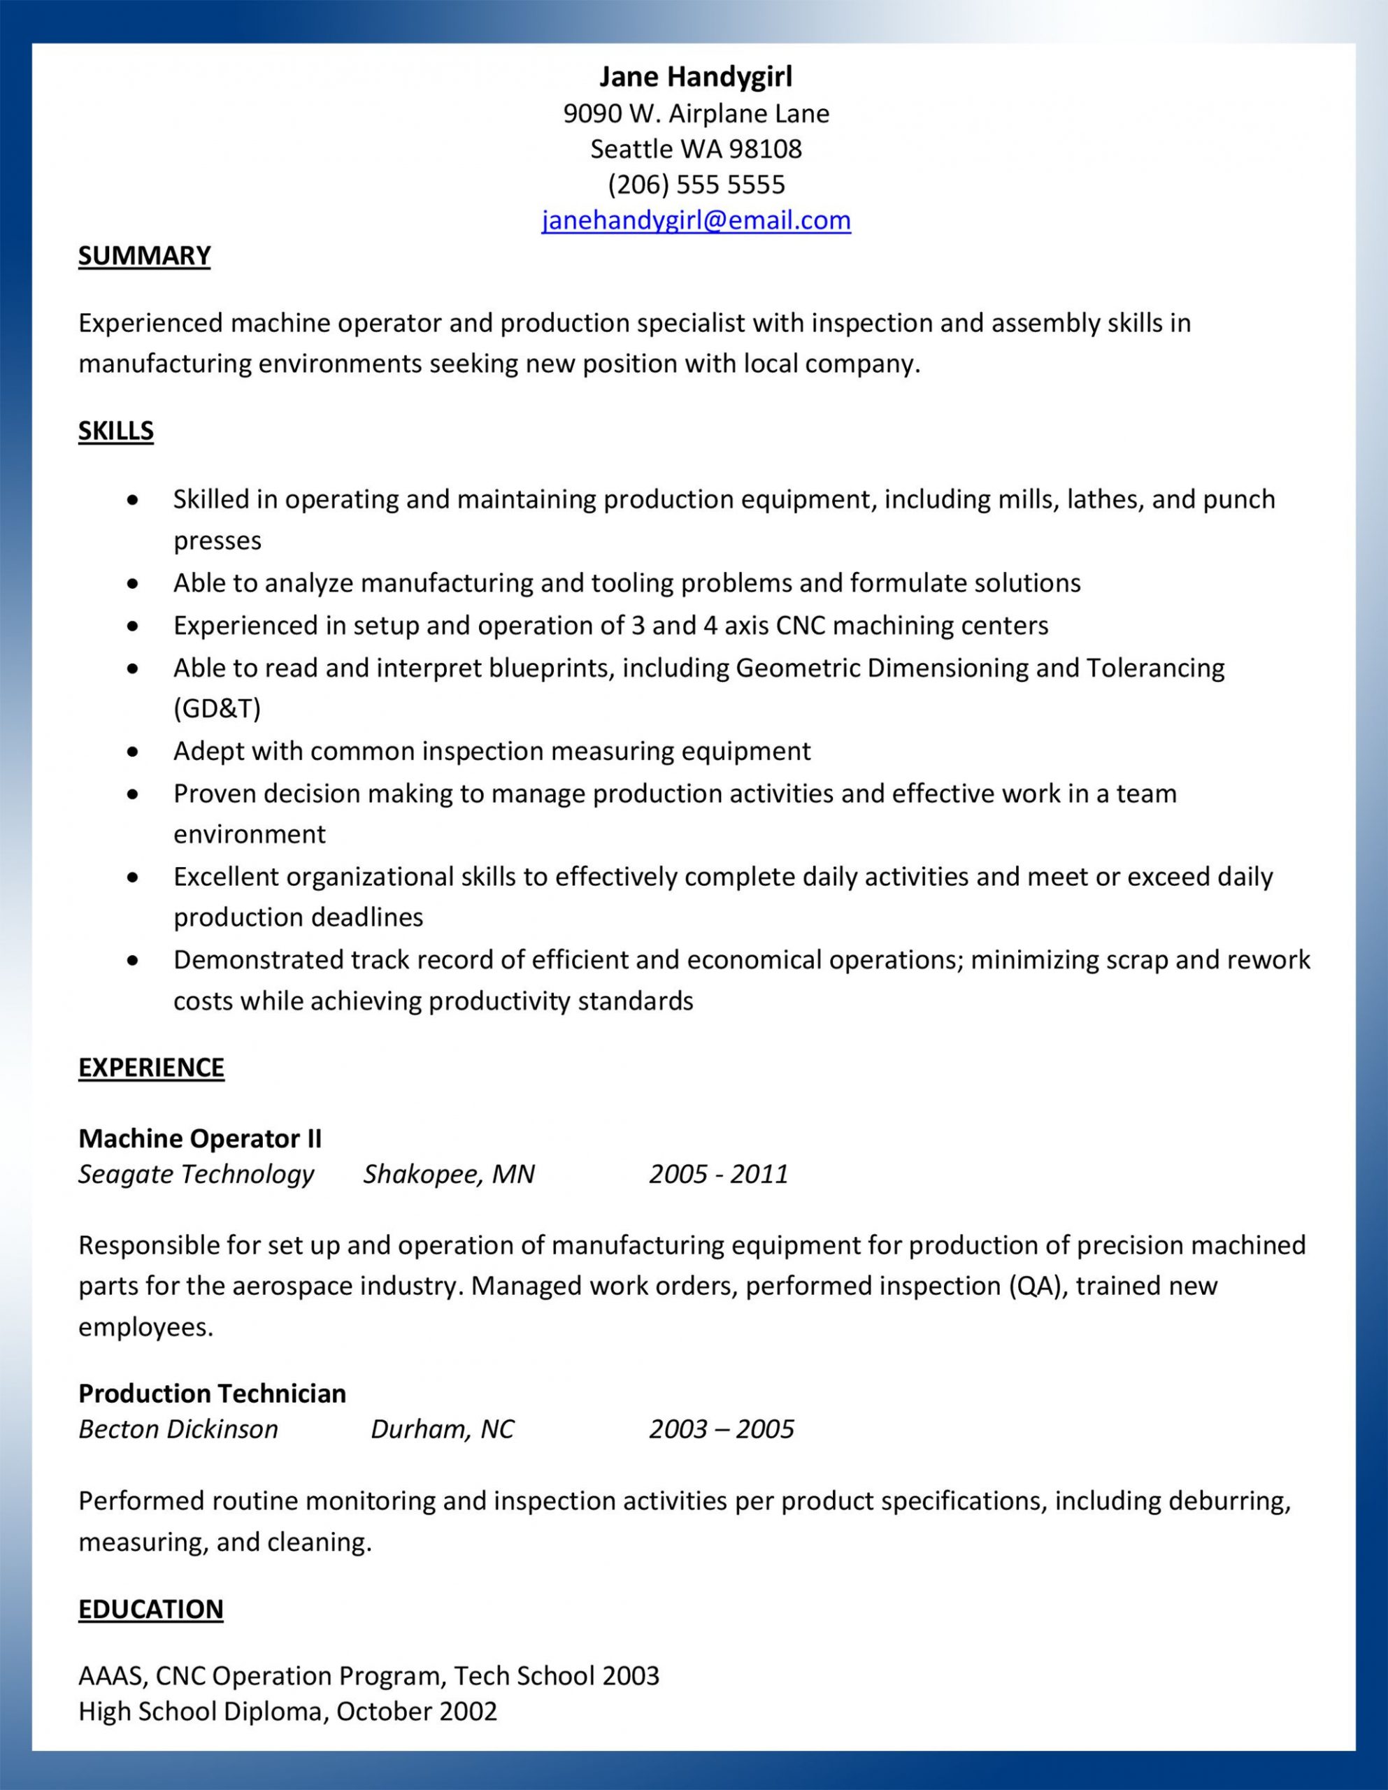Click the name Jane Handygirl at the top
point(695,76)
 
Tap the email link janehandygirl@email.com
point(696,220)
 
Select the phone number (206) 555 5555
point(696,185)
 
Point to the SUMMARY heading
point(144,256)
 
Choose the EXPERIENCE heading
point(151,1067)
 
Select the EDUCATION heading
point(151,1609)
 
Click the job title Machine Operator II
point(200,1138)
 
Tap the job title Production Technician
point(213,1394)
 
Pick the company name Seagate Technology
point(196,1174)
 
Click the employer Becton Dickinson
point(178,1429)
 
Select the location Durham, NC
point(442,1429)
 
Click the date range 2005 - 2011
point(718,1174)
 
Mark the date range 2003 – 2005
point(722,1429)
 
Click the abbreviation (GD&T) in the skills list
point(217,708)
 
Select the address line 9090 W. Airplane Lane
point(696,113)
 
